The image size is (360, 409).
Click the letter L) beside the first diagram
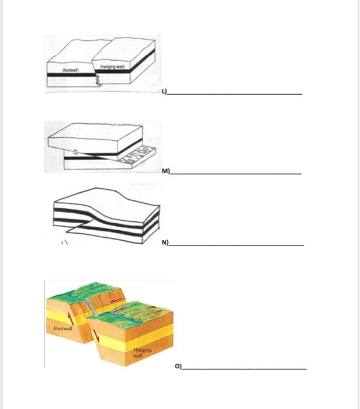click(x=165, y=92)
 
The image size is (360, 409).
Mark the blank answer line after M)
click(x=236, y=174)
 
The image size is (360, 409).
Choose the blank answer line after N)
click(x=236, y=244)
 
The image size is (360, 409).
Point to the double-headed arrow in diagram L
click(x=98, y=81)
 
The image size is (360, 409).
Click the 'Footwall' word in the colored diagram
click(x=63, y=330)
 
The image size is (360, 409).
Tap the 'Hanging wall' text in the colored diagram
click(x=137, y=352)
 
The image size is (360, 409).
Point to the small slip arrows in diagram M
click(x=75, y=154)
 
